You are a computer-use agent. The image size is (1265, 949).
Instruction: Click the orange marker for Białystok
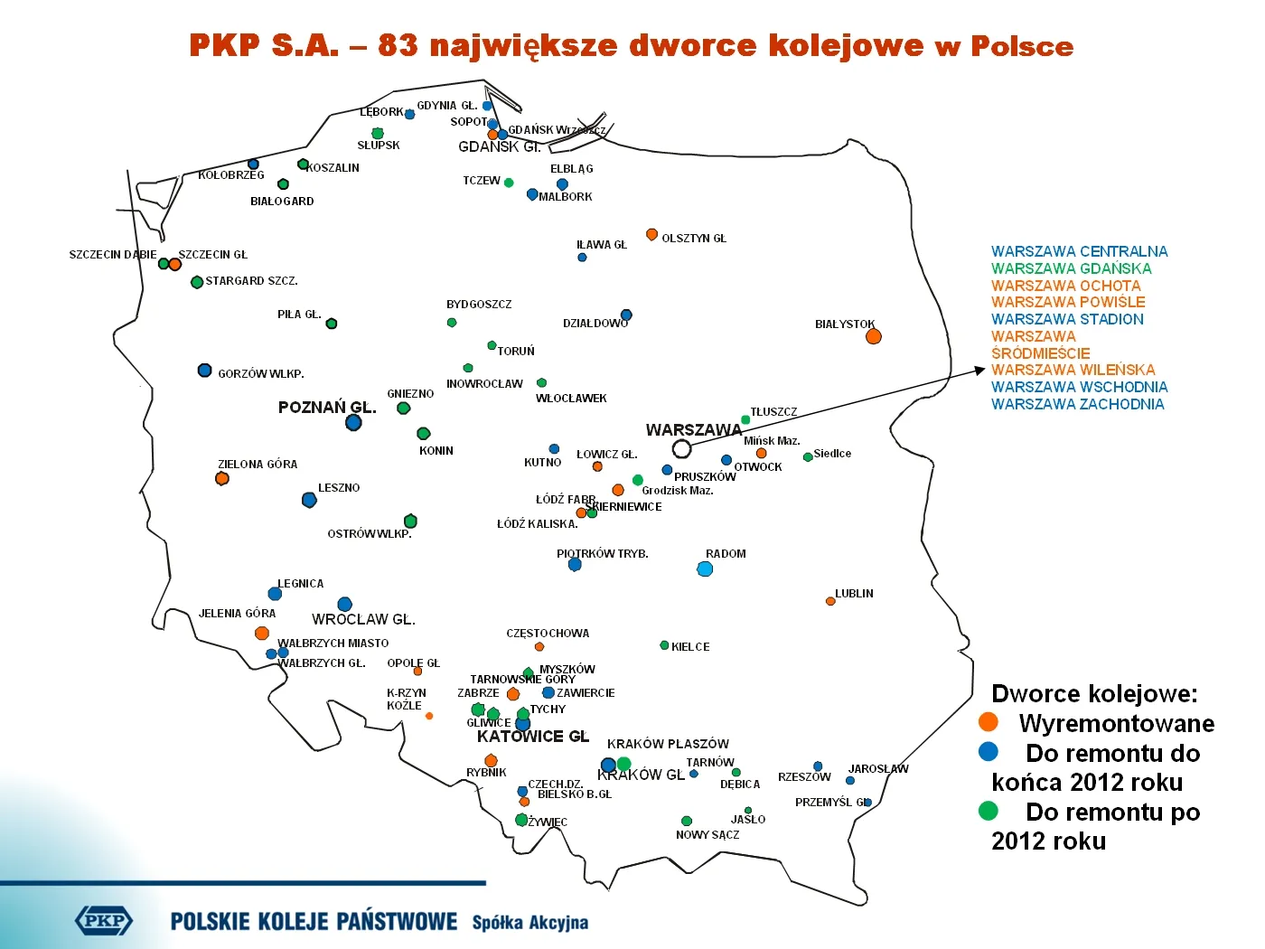[873, 336]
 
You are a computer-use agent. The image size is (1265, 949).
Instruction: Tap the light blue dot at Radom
[705, 568]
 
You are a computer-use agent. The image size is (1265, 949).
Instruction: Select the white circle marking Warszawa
[682, 448]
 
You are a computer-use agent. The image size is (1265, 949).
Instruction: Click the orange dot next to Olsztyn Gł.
[651, 235]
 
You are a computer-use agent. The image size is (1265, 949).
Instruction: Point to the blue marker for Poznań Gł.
[353, 422]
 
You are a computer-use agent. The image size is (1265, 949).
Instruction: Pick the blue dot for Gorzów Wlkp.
[205, 371]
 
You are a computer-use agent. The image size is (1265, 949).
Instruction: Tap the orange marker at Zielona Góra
[222, 478]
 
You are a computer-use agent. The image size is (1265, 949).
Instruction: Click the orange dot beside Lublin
[830, 601]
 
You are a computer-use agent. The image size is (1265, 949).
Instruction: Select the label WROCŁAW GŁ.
[363, 619]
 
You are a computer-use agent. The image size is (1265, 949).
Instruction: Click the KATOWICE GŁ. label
[532, 737]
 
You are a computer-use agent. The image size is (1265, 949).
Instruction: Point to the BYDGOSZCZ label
[479, 305]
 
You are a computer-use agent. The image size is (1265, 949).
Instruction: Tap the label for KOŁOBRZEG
[231, 175]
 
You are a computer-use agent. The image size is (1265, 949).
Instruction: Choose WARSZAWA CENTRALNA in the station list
[1079, 251]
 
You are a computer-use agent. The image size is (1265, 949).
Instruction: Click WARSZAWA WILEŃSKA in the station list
[1073, 370]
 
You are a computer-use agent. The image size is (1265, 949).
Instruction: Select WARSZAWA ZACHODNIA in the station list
[1077, 404]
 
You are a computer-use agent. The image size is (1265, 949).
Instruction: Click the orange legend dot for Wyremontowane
[989, 722]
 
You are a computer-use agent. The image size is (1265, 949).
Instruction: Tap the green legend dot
[989, 811]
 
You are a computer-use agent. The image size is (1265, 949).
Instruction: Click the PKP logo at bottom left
[104, 921]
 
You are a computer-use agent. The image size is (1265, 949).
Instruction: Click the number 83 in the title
[398, 45]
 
